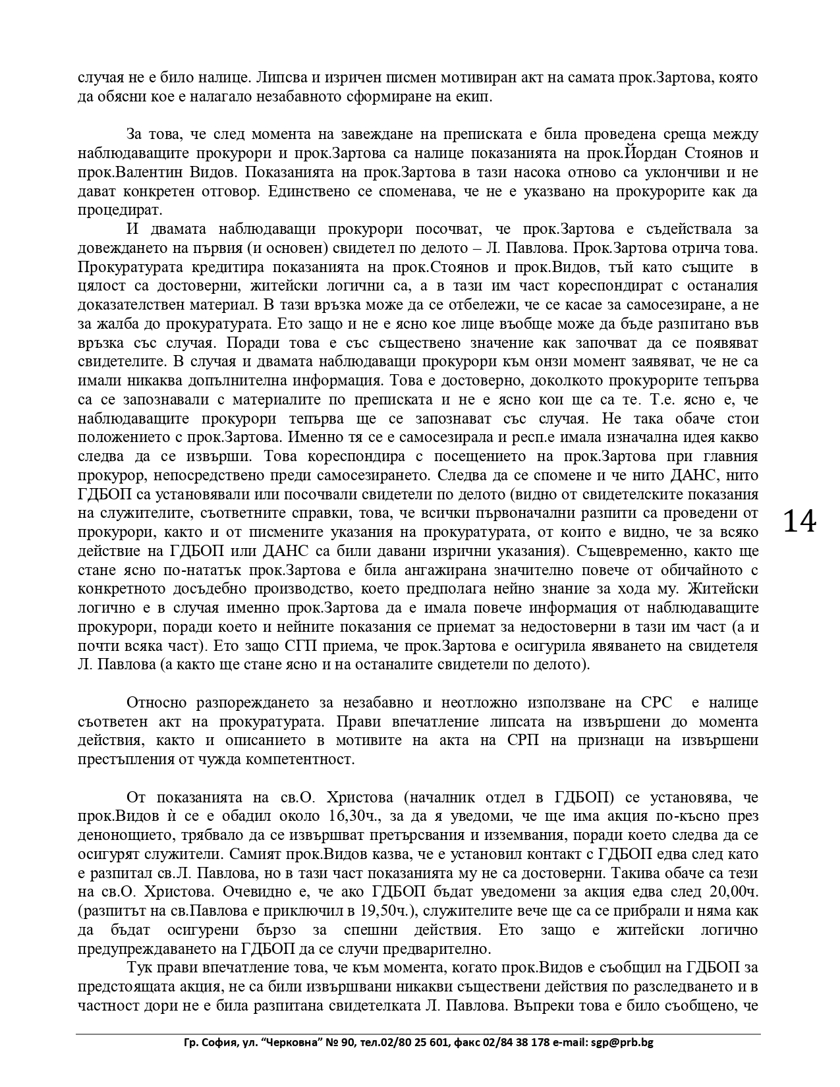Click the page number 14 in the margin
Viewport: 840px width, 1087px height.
[799, 521]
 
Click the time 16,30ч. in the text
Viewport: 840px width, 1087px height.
[354, 816]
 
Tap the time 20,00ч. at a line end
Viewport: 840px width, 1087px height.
[731, 892]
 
